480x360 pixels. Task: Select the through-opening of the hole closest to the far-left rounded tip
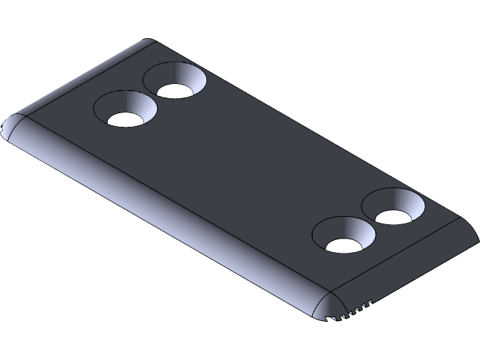[x=124, y=118]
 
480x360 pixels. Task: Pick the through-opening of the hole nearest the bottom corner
[x=343, y=244]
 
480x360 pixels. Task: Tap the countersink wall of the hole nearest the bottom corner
[x=352, y=228]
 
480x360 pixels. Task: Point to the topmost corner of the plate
[x=150, y=41]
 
